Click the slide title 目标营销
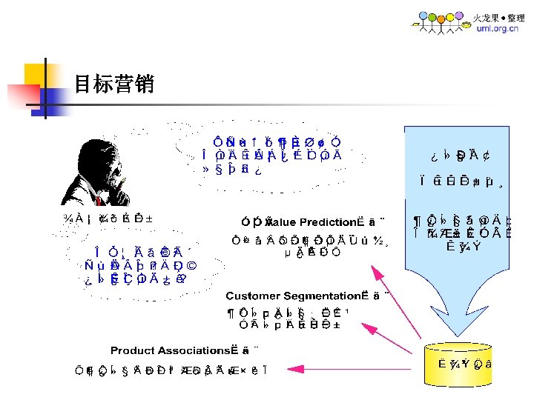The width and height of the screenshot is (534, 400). pyautogui.click(x=113, y=84)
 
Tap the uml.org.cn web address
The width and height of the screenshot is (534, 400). pyautogui.click(x=492, y=29)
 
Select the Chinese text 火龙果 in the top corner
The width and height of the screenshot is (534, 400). pyautogui.click(x=487, y=17)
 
